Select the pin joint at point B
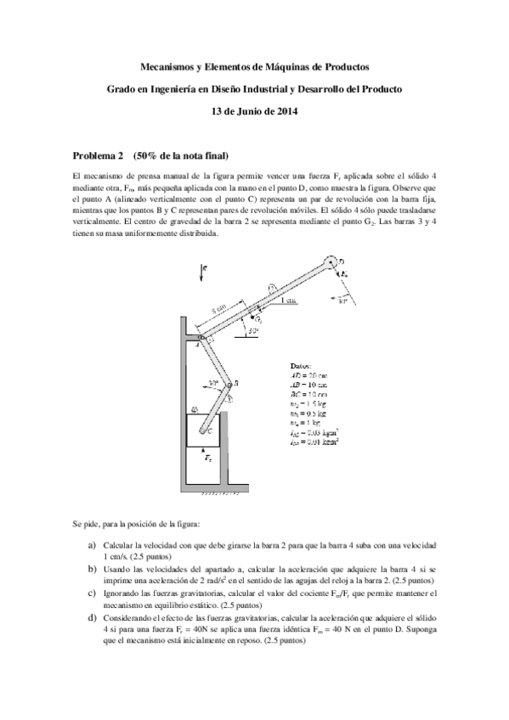227,384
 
